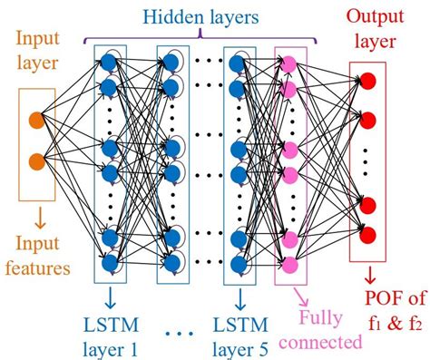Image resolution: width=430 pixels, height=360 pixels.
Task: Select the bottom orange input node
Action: (x=35, y=161)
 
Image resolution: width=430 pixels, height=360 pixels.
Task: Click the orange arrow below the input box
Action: (x=36, y=217)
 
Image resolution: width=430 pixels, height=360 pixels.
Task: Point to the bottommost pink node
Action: (x=290, y=264)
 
